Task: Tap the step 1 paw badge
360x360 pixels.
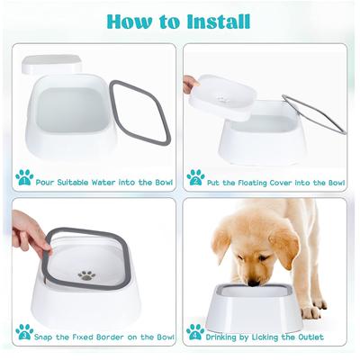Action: tap(24, 177)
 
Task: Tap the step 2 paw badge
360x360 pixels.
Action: tap(195, 177)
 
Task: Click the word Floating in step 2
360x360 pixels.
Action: tap(260, 182)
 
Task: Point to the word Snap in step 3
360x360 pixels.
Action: tap(46, 337)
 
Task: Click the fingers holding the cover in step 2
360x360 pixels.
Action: tap(189, 85)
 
